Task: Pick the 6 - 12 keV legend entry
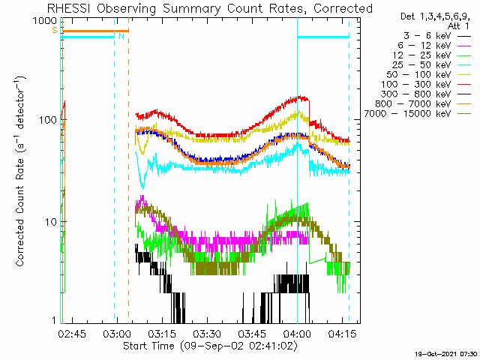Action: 434,46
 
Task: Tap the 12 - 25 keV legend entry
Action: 432,55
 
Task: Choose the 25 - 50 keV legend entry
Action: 432,65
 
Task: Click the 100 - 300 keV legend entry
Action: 426,85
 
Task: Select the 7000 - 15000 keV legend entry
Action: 417,114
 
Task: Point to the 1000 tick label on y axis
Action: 45,21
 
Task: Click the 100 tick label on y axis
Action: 48,120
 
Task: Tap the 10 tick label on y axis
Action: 51,222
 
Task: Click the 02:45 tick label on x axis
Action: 72,333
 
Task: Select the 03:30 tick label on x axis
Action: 208,333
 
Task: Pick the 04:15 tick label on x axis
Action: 342,333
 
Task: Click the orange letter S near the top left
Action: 55,30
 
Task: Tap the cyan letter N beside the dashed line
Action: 121,36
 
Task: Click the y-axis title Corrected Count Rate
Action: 20,212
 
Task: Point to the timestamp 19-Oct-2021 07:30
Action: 446,354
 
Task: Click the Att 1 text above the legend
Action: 458,25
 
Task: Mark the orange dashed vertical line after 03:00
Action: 128,170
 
